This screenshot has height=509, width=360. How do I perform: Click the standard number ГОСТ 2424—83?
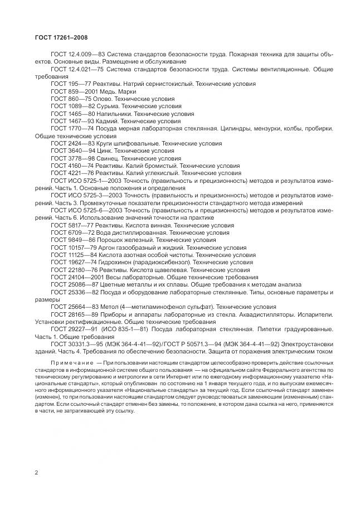[x=72, y=143]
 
